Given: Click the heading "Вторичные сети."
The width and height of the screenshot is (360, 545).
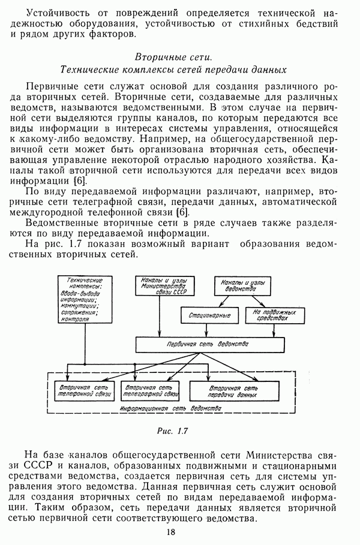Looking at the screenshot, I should click(173, 58).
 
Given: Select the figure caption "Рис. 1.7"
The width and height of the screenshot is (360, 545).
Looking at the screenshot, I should click(173, 430).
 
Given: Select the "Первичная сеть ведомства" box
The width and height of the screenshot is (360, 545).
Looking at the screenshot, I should click(208, 345).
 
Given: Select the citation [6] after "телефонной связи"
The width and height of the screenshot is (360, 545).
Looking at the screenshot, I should click(182, 212).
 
